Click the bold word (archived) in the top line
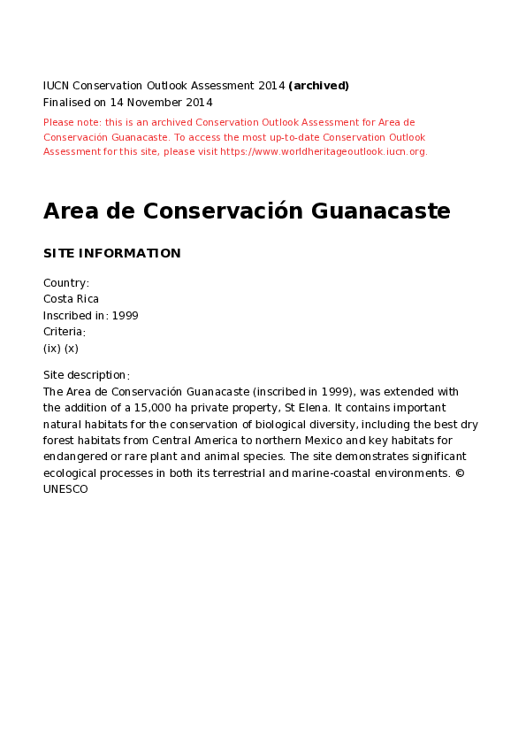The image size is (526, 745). (x=318, y=86)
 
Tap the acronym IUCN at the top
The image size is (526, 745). (x=56, y=86)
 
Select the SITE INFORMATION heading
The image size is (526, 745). (x=111, y=254)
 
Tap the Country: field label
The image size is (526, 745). (x=66, y=283)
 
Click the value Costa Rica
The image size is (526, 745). (x=71, y=299)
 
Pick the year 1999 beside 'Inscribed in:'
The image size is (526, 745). (x=125, y=316)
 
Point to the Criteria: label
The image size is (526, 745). (x=65, y=332)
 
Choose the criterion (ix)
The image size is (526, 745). (x=52, y=348)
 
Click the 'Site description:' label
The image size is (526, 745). (x=87, y=375)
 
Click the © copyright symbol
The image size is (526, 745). (x=460, y=473)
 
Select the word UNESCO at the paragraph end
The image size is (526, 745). (x=65, y=489)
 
